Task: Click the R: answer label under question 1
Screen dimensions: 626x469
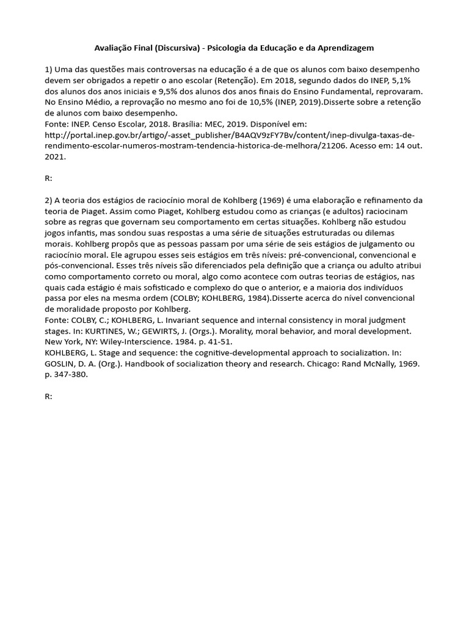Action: [49, 179]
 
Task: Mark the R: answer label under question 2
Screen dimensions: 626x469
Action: [49, 396]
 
